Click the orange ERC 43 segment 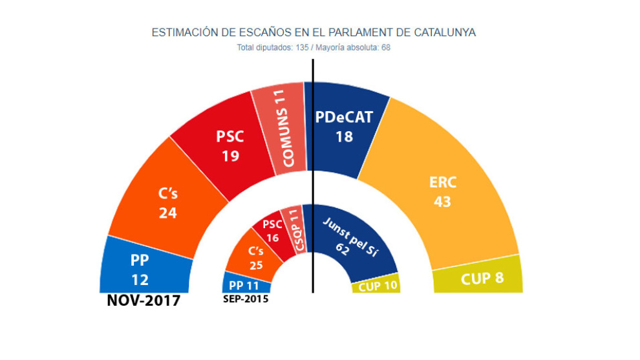(443, 192)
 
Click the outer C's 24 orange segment (168, 202)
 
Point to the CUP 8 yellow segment (481, 280)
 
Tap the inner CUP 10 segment (376, 284)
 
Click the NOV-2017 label (144, 301)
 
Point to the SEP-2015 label (246, 299)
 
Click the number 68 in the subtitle (385, 47)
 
